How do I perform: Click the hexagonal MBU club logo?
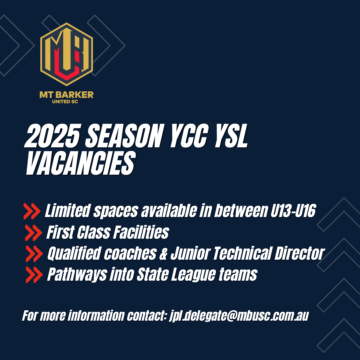tap(67, 54)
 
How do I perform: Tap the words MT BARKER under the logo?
tap(67, 95)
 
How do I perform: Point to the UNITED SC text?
tap(65, 101)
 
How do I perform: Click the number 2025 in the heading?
tap(53, 136)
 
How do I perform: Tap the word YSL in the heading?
tap(231, 136)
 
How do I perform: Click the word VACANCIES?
tap(81, 163)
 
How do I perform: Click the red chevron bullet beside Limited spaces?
tap(32, 211)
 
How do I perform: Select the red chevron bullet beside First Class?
tap(34, 233)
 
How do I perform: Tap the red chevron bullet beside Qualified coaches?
tap(34, 253)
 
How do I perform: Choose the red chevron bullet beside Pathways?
tap(34, 275)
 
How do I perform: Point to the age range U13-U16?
tap(293, 211)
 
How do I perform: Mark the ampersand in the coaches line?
tap(163, 253)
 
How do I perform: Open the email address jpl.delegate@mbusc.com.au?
tap(239, 316)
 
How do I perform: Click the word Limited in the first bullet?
tap(67, 211)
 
